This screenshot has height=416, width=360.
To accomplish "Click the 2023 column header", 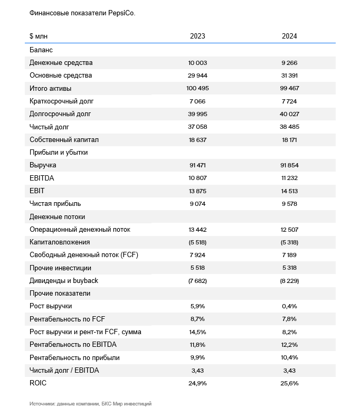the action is pos(197,36).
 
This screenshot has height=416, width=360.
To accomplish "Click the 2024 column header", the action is pos(289,36).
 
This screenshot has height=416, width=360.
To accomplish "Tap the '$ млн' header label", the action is pos(39,36).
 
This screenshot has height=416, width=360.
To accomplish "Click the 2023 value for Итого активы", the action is pos(197,88).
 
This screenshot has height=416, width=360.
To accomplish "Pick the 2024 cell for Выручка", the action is pos(289,165).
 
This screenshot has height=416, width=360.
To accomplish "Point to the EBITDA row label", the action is pos(42,178).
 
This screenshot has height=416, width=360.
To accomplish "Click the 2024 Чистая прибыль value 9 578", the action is pos(289,204).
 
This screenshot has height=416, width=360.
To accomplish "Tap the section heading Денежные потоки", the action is pos(58,217).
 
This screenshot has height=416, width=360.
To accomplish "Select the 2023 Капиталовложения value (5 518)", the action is pos(197,242).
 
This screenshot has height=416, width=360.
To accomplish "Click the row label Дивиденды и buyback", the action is pos(64,280).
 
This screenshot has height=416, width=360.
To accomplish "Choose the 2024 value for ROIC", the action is pos(289,383).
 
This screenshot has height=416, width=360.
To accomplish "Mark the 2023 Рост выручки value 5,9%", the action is pos(197,306).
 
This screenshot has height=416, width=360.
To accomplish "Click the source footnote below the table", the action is pos(90,403).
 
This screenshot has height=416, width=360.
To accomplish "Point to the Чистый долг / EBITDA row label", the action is pos(64,371).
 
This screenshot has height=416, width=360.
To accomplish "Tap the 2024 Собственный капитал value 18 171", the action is pos(289,140).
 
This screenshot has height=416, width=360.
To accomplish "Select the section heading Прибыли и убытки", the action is pos(59,152).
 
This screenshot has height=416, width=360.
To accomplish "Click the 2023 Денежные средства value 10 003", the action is pos(197,63).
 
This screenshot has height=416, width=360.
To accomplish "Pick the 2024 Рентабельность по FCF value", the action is pos(289,319).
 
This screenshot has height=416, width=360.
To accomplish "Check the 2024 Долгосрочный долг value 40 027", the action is pos(289,114).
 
